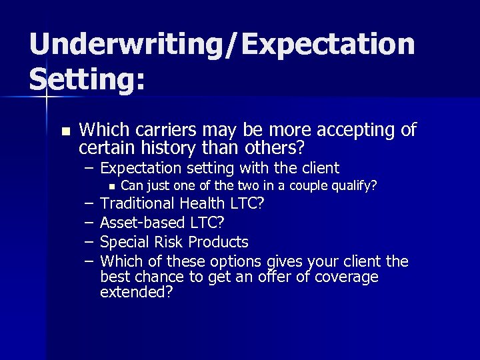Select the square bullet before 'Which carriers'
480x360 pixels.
[64, 131]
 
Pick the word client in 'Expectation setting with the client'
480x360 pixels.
[317, 167]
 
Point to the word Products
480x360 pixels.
[218, 241]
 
